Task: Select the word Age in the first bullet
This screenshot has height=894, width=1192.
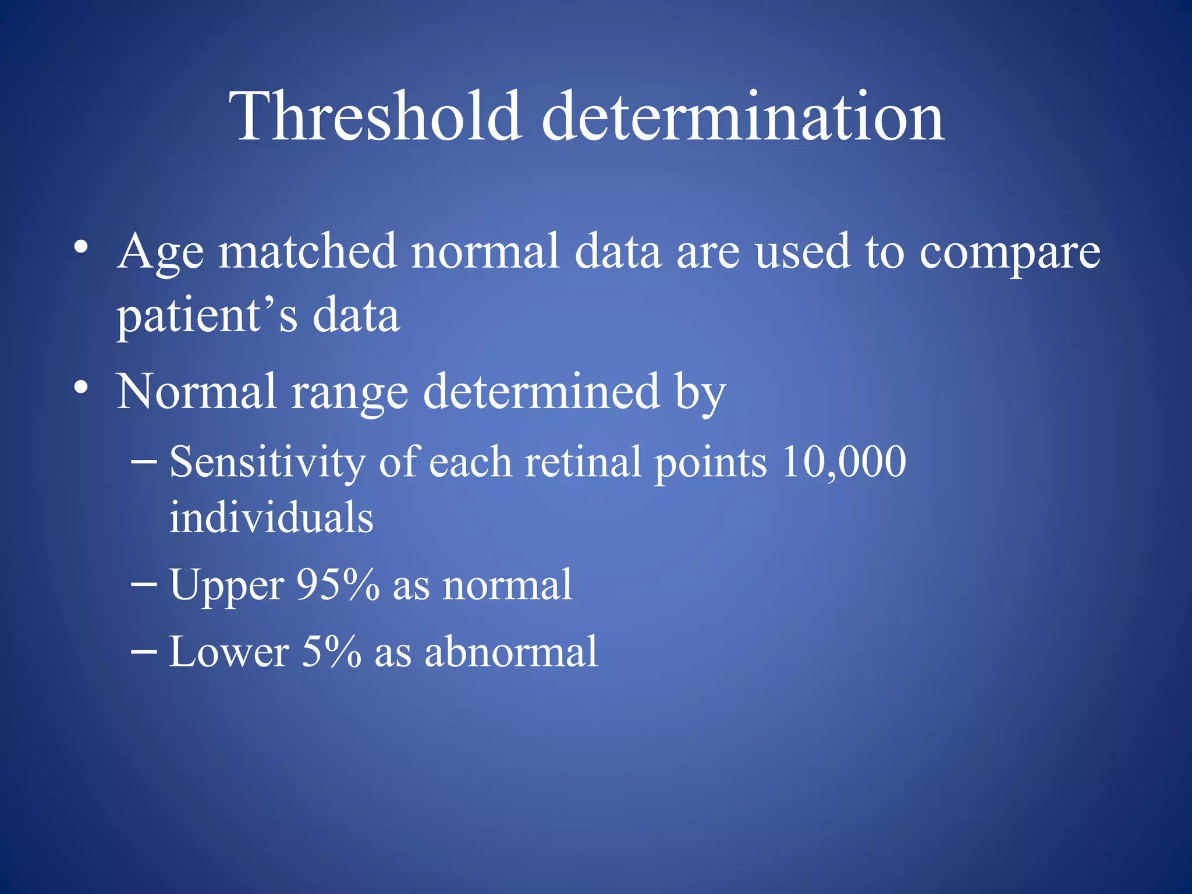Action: coord(160,253)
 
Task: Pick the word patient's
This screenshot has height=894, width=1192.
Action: coord(207,316)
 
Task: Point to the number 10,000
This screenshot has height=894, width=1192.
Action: coord(843,462)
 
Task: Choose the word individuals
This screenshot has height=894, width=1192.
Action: coord(271,517)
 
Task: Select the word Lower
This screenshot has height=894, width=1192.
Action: coord(229,651)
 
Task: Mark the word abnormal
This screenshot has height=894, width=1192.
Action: coord(510,651)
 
